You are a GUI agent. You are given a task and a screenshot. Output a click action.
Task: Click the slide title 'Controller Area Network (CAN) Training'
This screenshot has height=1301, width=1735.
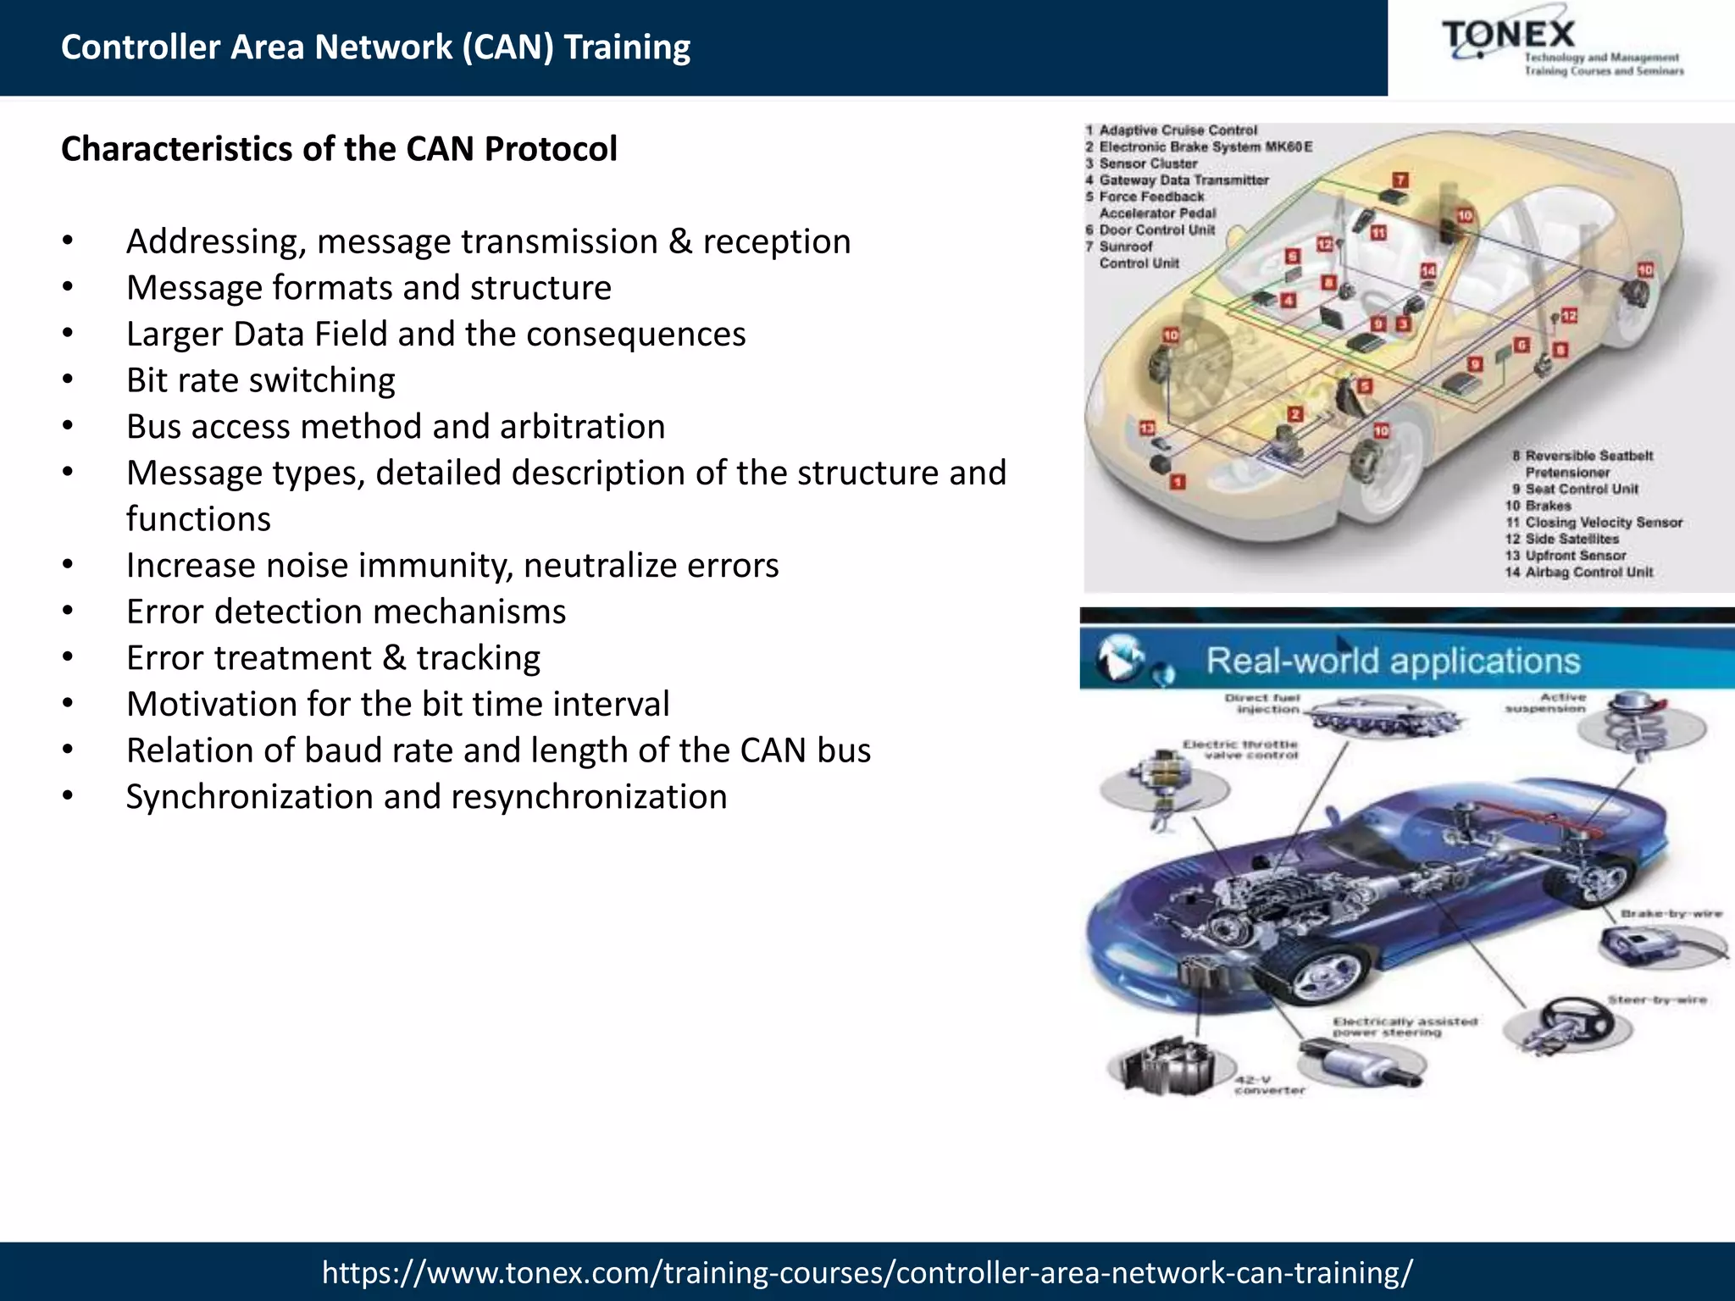tap(375, 47)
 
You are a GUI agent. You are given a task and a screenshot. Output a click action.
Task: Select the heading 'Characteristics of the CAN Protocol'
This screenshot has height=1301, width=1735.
tap(339, 149)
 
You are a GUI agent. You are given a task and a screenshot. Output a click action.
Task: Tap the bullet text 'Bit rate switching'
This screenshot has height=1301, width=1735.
tap(260, 380)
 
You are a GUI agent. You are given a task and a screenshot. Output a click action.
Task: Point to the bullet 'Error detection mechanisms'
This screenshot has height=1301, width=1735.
tap(346, 612)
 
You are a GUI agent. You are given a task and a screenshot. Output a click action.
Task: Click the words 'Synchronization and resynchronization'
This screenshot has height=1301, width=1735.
tap(426, 797)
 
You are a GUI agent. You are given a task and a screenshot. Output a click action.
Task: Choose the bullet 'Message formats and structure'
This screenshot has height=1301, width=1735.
tap(369, 288)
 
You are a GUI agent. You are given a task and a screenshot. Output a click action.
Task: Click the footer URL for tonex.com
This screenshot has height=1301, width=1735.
tap(867, 1272)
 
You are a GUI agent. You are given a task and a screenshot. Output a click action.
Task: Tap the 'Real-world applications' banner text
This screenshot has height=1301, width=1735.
tap(1393, 661)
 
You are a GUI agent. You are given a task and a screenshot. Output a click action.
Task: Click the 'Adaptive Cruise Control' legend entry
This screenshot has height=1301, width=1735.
tap(1178, 130)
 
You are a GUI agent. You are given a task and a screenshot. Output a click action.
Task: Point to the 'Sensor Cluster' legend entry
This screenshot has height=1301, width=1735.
tap(1148, 163)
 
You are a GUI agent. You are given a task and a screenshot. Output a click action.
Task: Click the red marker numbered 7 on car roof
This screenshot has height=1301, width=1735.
tap(1401, 180)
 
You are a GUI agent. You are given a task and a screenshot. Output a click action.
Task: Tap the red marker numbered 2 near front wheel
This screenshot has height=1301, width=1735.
tap(1294, 414)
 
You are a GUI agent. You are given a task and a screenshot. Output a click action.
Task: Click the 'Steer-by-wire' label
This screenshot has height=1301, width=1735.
tap(1656, 1000)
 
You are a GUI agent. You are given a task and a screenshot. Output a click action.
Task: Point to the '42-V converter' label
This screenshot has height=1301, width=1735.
tap(1268, 1085)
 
